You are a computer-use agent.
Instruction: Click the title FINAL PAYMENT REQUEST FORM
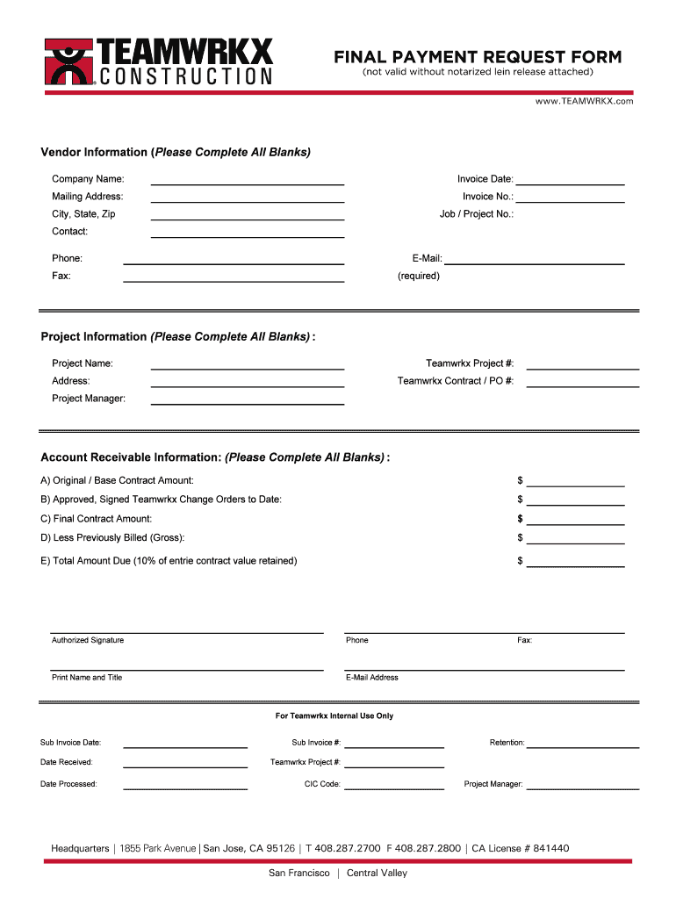click(477, 57)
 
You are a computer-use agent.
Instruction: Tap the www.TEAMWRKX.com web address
click(584, 102)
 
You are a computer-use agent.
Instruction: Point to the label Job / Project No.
click(477, 214)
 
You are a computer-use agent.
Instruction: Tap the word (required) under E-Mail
click(419, 276)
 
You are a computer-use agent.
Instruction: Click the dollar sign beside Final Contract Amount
click(521, 519)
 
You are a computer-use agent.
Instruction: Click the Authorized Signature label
click(88, 640)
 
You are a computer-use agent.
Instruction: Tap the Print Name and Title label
click(87, 678)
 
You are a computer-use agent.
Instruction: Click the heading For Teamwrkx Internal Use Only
click(334, 716)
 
